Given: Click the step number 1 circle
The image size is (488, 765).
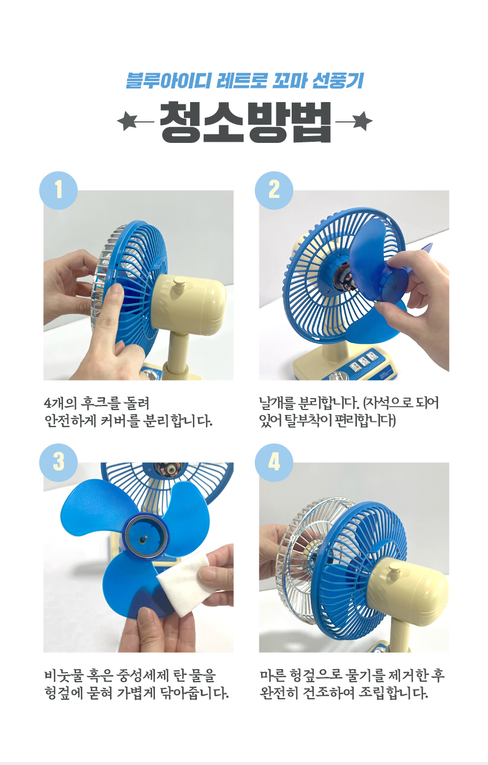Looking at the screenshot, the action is pos(58,190).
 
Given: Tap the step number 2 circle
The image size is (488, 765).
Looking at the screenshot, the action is pos(274,190).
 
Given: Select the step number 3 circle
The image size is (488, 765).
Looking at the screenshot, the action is pos(58,462).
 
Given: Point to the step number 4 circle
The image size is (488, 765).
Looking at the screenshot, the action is pos(274,462).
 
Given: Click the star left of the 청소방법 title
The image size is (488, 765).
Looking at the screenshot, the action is pos(127,121).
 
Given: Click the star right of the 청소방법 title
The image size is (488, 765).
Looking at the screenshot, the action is pos(362,121).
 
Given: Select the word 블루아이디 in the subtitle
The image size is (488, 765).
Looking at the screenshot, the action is pos(167,81).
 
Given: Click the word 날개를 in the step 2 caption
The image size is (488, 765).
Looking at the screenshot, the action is pos(277,403).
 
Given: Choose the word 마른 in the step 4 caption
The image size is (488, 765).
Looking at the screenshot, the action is pos(272,675).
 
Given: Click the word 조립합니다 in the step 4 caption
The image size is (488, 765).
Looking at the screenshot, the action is pos(393,693).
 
